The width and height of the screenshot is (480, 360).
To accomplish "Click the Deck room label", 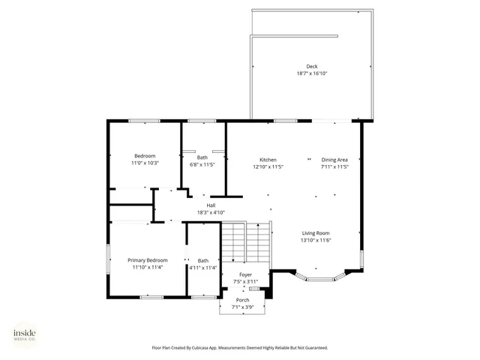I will pos(311,67).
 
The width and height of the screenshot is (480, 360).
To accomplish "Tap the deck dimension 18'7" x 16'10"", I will pos(311,73).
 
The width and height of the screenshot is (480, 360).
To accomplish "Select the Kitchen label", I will pos(268,160).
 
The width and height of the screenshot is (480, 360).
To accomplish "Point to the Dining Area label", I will pos(334,160).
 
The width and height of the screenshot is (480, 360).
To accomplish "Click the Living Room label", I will pos(316,233).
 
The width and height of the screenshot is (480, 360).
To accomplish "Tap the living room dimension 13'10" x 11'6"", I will pos(316,240).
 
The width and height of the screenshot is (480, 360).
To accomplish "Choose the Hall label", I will pos(211,205).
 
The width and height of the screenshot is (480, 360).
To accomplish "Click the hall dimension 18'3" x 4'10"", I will pos(211,212).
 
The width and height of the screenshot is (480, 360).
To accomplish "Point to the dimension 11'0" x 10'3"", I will pos(145,163).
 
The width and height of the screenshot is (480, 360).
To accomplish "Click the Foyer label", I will pos(245,274).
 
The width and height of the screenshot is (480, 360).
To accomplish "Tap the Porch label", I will pos(242,300).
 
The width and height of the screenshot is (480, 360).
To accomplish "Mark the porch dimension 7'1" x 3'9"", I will pos(242,307).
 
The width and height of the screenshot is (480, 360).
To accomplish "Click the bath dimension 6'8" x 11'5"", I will pos(202,164).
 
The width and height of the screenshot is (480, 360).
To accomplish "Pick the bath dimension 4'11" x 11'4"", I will pos(202,268).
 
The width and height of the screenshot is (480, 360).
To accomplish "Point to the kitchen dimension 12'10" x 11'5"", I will pos(268,166).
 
